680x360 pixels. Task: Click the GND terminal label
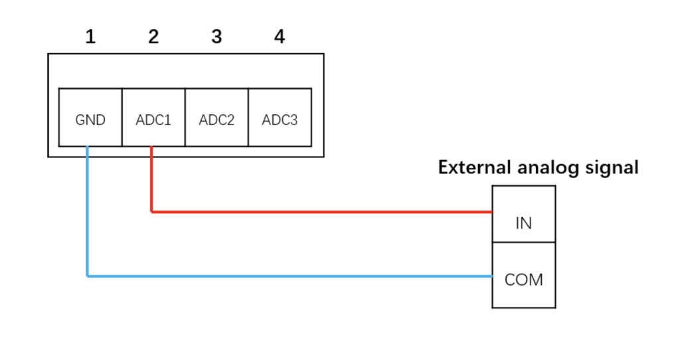90,120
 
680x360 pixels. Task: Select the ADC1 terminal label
153,120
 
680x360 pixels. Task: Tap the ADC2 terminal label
216,120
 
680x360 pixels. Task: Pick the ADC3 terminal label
280,120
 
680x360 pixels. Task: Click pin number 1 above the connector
90,37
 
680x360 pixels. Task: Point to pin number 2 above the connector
153,37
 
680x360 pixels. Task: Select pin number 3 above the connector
216,37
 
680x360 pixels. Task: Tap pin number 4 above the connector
280,37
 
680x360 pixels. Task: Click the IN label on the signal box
524,223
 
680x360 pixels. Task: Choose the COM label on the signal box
524,280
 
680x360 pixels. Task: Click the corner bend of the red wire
152,212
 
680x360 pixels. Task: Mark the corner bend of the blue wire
88,276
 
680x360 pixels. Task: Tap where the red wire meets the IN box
491,212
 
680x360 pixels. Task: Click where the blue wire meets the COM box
491,276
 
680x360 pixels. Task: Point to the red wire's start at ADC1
152,147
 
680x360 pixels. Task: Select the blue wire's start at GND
88,147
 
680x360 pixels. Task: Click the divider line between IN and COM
524,242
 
